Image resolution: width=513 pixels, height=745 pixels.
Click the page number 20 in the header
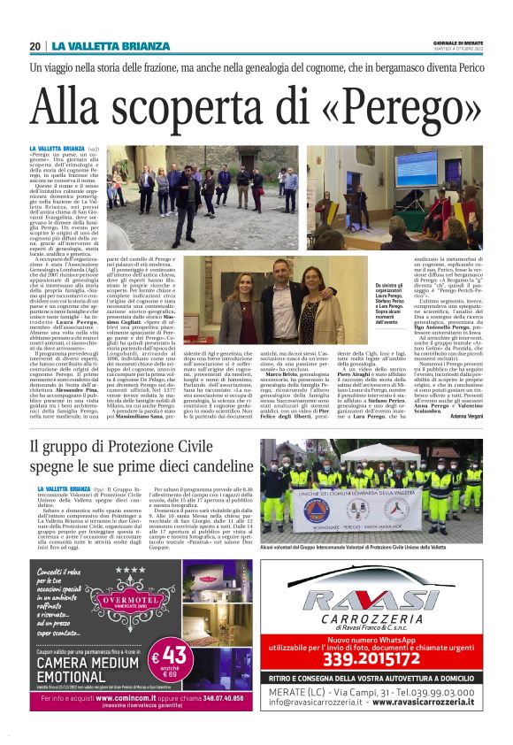34,46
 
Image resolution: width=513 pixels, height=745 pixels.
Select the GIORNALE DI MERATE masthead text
457,41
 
